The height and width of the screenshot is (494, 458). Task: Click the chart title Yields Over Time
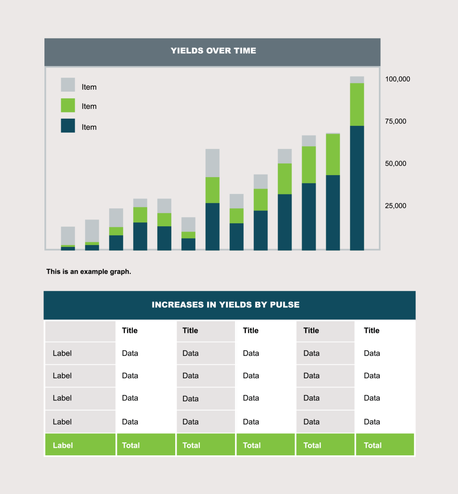(213, 51)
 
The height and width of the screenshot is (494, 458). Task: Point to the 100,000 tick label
(397, 79)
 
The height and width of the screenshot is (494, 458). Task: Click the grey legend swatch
(68, 85)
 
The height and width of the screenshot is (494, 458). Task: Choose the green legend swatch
(68, 106)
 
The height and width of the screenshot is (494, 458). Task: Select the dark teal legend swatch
(68, 126)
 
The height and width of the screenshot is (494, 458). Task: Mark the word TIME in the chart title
(245, 51)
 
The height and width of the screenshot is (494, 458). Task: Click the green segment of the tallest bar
(357, 104)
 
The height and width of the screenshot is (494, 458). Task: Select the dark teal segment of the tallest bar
(357, 188)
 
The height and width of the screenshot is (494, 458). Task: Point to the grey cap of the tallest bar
(357, 80)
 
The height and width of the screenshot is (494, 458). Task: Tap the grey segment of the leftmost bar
(68, 235)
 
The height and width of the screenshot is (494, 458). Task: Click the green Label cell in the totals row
(80, 445)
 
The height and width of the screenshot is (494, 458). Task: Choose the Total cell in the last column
(385, 445)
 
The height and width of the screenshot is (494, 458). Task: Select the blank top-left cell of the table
(80, 331)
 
